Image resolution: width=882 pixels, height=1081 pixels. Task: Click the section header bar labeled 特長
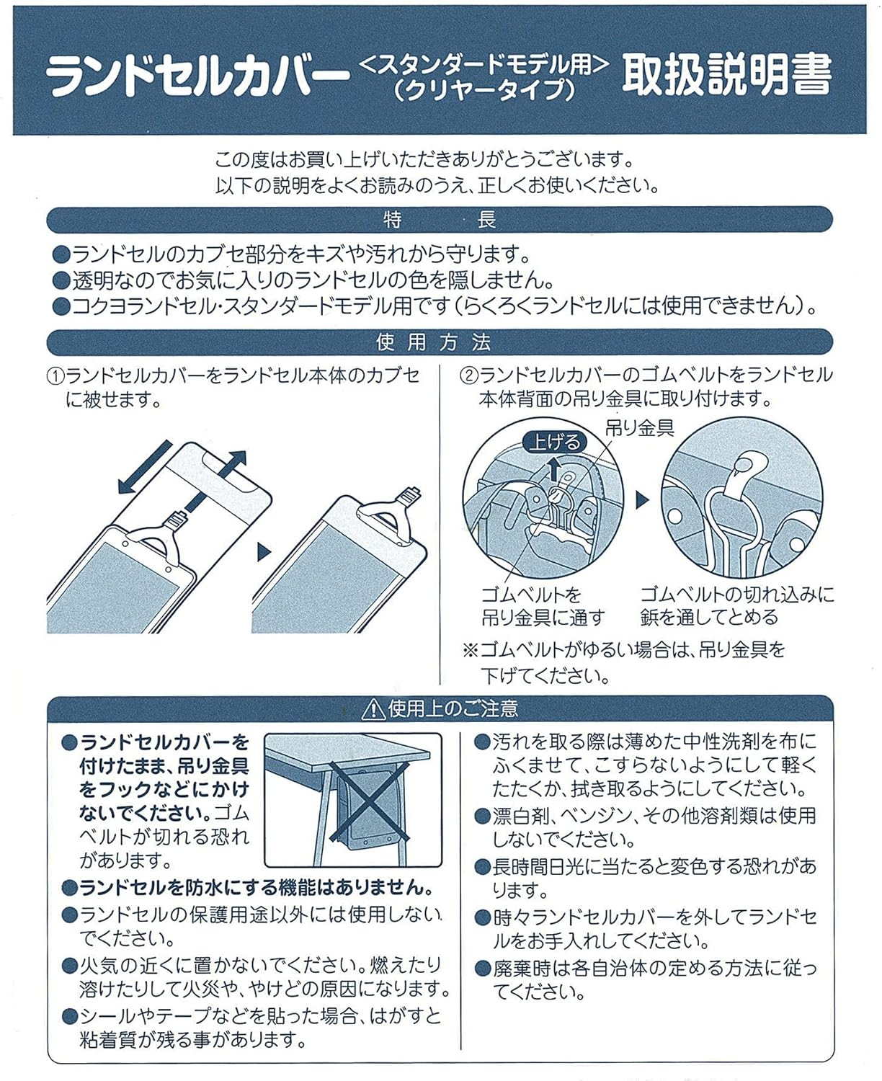(x=440, y=220)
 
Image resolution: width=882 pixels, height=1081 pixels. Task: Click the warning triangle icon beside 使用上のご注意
(x=373, y=710)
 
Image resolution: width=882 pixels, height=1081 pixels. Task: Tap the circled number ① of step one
(x=56, y=377)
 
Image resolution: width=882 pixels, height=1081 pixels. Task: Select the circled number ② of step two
(x=469, y=376)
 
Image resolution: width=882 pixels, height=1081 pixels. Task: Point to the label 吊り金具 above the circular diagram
(x=640, y=428)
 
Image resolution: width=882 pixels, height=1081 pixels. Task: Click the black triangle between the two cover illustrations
(x=264, y=553)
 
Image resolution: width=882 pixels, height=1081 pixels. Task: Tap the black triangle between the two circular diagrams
(x=642, y=500)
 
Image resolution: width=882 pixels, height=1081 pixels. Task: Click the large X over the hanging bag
(x=369, y=801)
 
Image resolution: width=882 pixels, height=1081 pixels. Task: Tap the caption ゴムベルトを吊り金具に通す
(x=542, y=606)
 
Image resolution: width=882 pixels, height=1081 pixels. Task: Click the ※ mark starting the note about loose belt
(x=471, y=651)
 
